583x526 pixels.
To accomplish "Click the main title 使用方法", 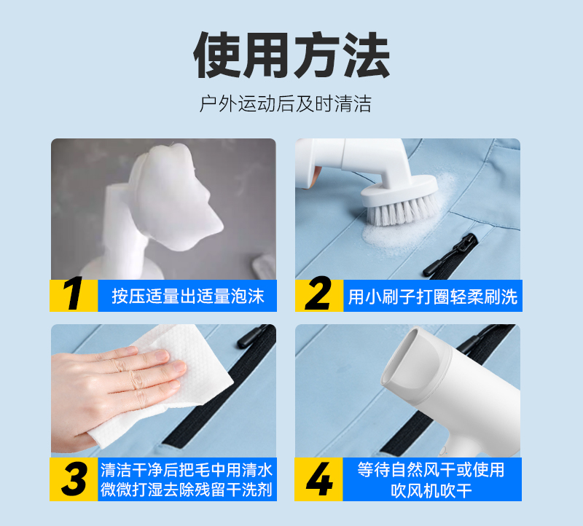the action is click(x=291, y=55).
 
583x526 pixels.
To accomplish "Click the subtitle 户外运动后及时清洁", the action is click(x=285, y=103).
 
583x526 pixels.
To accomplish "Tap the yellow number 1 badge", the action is click(x=74, y=296).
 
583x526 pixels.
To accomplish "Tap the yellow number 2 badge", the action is click(x=319, y=296).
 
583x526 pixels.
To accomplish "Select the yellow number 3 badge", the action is click(x=74, y=479).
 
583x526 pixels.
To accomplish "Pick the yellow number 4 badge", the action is click(x=318, y=479).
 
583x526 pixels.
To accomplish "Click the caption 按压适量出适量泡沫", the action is click(x=188, y=297).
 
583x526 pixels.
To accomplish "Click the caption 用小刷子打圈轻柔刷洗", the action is click(x=433, y=297).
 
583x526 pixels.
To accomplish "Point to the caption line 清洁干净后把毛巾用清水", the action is click(x=187, y=470).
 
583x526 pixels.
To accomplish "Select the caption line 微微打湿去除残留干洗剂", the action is click(x=187, y=489).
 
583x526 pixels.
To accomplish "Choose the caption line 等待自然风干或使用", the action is click(x=431, y=469).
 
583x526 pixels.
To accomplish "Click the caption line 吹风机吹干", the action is click(x=431, y=490).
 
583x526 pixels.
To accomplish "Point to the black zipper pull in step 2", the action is click(x=450, y=255).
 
